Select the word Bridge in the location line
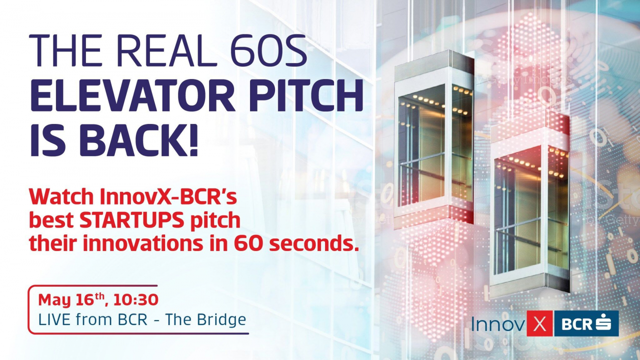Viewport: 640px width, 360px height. click(222, 319)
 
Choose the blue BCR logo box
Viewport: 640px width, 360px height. click(586, 324)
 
